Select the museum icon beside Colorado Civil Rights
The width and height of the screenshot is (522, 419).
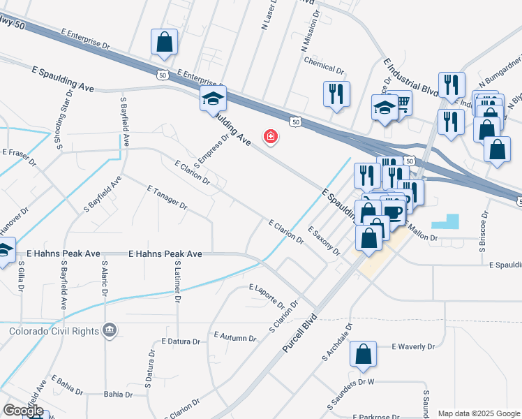pos(109,330)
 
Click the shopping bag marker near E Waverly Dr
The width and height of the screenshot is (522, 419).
pos(364,355)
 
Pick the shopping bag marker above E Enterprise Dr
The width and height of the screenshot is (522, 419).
pos(164,42)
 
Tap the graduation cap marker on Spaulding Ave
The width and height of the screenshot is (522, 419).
pos(213,99)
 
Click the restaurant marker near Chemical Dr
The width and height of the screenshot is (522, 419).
pos(336,94)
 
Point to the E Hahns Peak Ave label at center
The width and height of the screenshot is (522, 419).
pos(165,255)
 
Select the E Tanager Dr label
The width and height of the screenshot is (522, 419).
pos(167,197)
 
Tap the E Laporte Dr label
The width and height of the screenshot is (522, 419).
pos(267,296)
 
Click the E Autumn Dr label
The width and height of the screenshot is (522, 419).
pos(235,337)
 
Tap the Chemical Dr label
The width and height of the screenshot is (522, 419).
pos(325,71)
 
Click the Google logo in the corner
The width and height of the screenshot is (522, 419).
pos(23,411)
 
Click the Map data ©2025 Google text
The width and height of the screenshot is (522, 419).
pos(479,413)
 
